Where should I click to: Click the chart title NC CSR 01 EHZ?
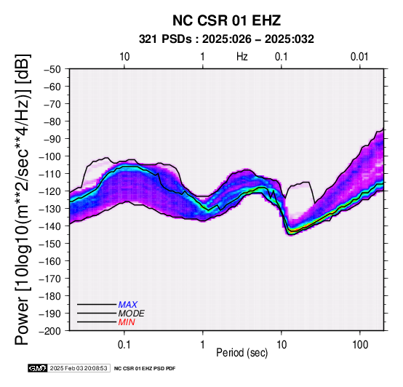[226, 20]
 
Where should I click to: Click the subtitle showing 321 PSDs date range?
[226, 39]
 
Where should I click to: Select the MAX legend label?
[128, 305]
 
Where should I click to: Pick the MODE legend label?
[132, 314]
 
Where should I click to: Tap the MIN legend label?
[127, 322]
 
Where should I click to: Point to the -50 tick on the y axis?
[52, 69]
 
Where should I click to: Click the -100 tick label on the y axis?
[50, 156]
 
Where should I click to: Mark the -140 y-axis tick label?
[50, 226]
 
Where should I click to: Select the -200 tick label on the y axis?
[50, 331]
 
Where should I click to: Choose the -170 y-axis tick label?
[50, 279]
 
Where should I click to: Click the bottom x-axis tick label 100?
[360, 345]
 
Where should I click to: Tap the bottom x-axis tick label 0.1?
[124, 345]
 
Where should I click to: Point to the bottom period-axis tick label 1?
[203, 345]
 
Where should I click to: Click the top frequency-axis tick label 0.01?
[359, 57]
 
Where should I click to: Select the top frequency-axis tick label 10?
[124, 57]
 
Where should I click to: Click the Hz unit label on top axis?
[242, 57]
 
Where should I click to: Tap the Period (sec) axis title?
[242, 353]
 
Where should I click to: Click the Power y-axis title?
[23, 199]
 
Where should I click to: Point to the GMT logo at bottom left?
[38, 368]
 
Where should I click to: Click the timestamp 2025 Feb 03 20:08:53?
[79, 368]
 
